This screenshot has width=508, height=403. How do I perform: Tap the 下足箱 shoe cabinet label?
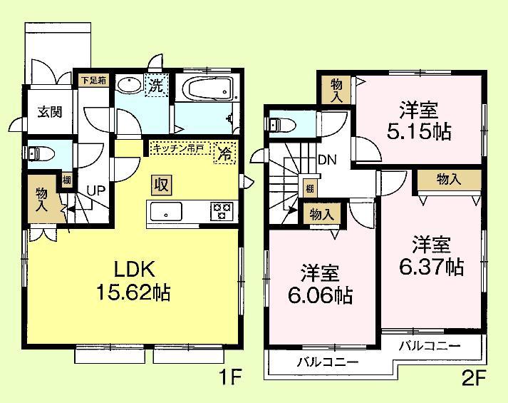tap(92, 80)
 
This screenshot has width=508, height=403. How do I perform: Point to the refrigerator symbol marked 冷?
tap(224, 153)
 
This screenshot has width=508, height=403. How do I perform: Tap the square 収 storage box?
tap(160, 185)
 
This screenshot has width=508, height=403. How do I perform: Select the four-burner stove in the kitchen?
tap(221, 211)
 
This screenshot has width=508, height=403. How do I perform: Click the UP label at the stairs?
tap(96, 190)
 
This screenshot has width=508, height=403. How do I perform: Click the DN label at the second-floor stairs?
tap(327, 160)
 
